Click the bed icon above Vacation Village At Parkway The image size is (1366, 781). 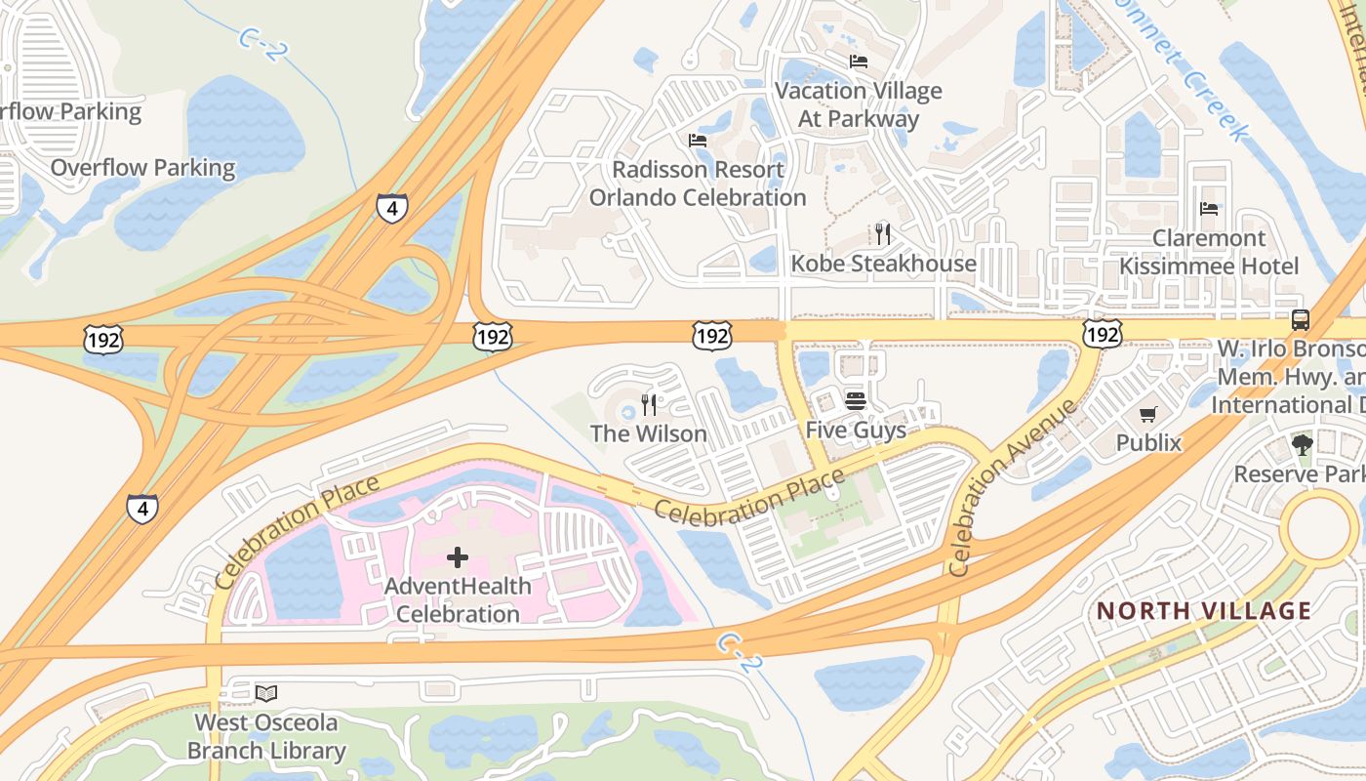pos(859,62)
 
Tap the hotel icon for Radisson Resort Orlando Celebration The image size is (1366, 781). pos(698,141)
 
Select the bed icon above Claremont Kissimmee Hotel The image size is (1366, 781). pos(1209,209)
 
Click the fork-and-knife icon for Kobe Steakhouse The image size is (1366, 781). pos(883,233)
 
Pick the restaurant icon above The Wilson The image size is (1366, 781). pos(649,404)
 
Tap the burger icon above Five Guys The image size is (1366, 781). pos(856,400)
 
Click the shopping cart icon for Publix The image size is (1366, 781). pos(1148,415)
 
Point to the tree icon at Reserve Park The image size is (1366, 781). pos(1302,445)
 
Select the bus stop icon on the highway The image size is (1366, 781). pos(1300,319)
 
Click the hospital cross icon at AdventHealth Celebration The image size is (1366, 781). pos(457,557)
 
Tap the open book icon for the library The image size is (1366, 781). pos(265,693)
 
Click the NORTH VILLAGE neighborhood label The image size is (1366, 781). pos(1204,611)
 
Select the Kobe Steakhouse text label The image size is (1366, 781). pos(883,264)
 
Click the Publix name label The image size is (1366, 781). pos(1148,443)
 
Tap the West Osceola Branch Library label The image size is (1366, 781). pos(265,737)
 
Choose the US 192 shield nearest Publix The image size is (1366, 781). pos(1102,335)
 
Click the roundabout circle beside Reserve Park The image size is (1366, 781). pos(1322,528)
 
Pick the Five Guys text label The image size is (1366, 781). pos(856,430)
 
